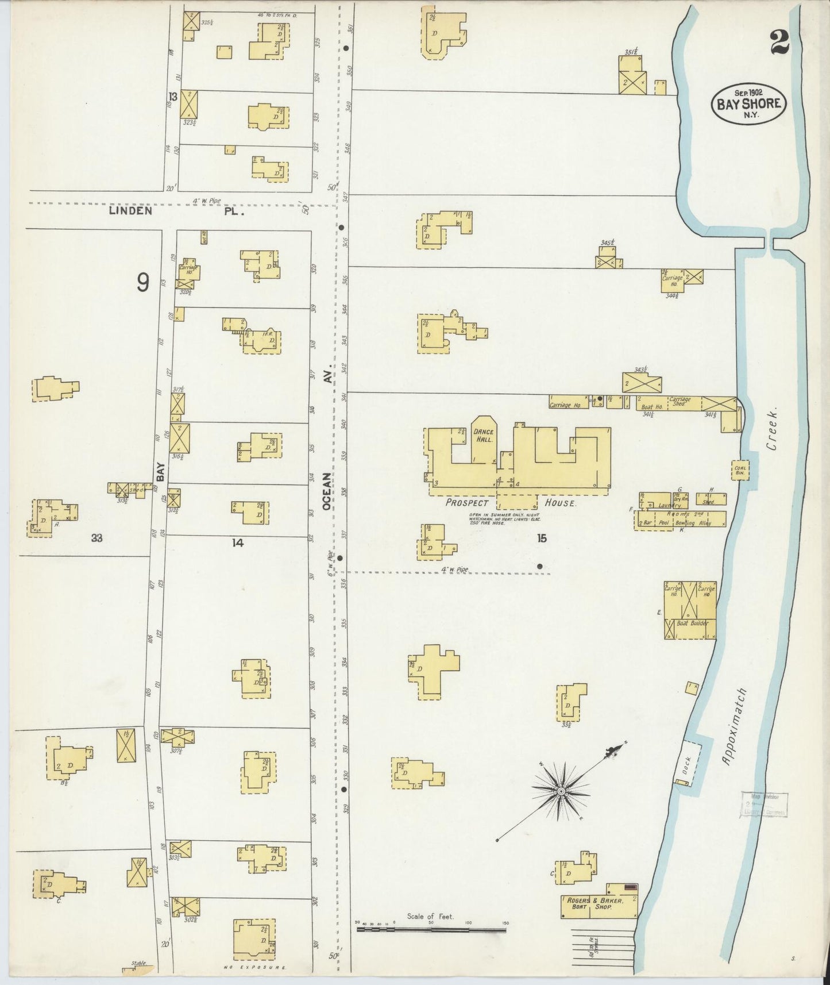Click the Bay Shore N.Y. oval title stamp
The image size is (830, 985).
748,103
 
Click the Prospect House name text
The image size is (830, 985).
510,503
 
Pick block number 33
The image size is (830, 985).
96,538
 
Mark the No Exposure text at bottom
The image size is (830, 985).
254,967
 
